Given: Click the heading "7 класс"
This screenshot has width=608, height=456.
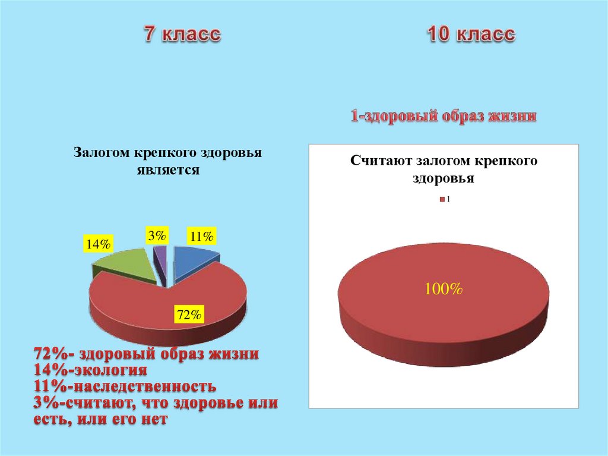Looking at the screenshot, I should coord(181,34).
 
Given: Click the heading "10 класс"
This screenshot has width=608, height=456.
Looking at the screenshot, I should coord(470,34).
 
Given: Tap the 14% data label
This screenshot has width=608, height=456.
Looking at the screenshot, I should coord(98,244).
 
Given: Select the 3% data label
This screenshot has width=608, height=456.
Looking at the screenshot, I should coord(157,235).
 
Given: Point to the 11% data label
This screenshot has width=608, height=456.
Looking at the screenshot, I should coord(201,236).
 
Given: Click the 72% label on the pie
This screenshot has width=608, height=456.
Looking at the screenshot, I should coord(189,315).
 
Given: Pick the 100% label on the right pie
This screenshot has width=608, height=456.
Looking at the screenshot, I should coord(443,290).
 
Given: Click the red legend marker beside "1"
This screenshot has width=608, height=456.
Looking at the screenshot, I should coord(441,199).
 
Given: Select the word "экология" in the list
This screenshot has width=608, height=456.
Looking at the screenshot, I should coord(110,371).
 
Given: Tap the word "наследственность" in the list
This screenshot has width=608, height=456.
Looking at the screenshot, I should coord(142,387).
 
